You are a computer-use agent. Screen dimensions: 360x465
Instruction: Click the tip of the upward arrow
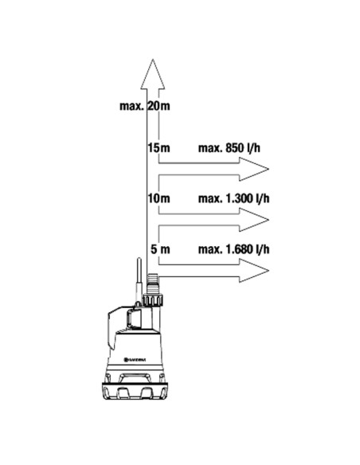(153, 59)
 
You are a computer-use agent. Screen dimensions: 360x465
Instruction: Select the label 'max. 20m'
(145, 106)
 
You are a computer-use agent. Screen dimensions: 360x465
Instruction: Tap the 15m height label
(159, 147)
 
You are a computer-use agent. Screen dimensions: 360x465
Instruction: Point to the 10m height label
(159, 198)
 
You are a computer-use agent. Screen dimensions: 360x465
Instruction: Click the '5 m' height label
(160, 249)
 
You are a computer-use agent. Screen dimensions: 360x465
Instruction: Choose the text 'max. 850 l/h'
(229, 148)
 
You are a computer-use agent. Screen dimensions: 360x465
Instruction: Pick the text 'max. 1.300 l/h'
(233, 199)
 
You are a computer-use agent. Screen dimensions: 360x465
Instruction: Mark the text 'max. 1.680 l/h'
(233, 249)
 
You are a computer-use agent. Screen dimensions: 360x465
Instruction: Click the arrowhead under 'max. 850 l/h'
(254, 169)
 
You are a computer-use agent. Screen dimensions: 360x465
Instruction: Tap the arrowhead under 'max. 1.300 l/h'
(254, 220)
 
